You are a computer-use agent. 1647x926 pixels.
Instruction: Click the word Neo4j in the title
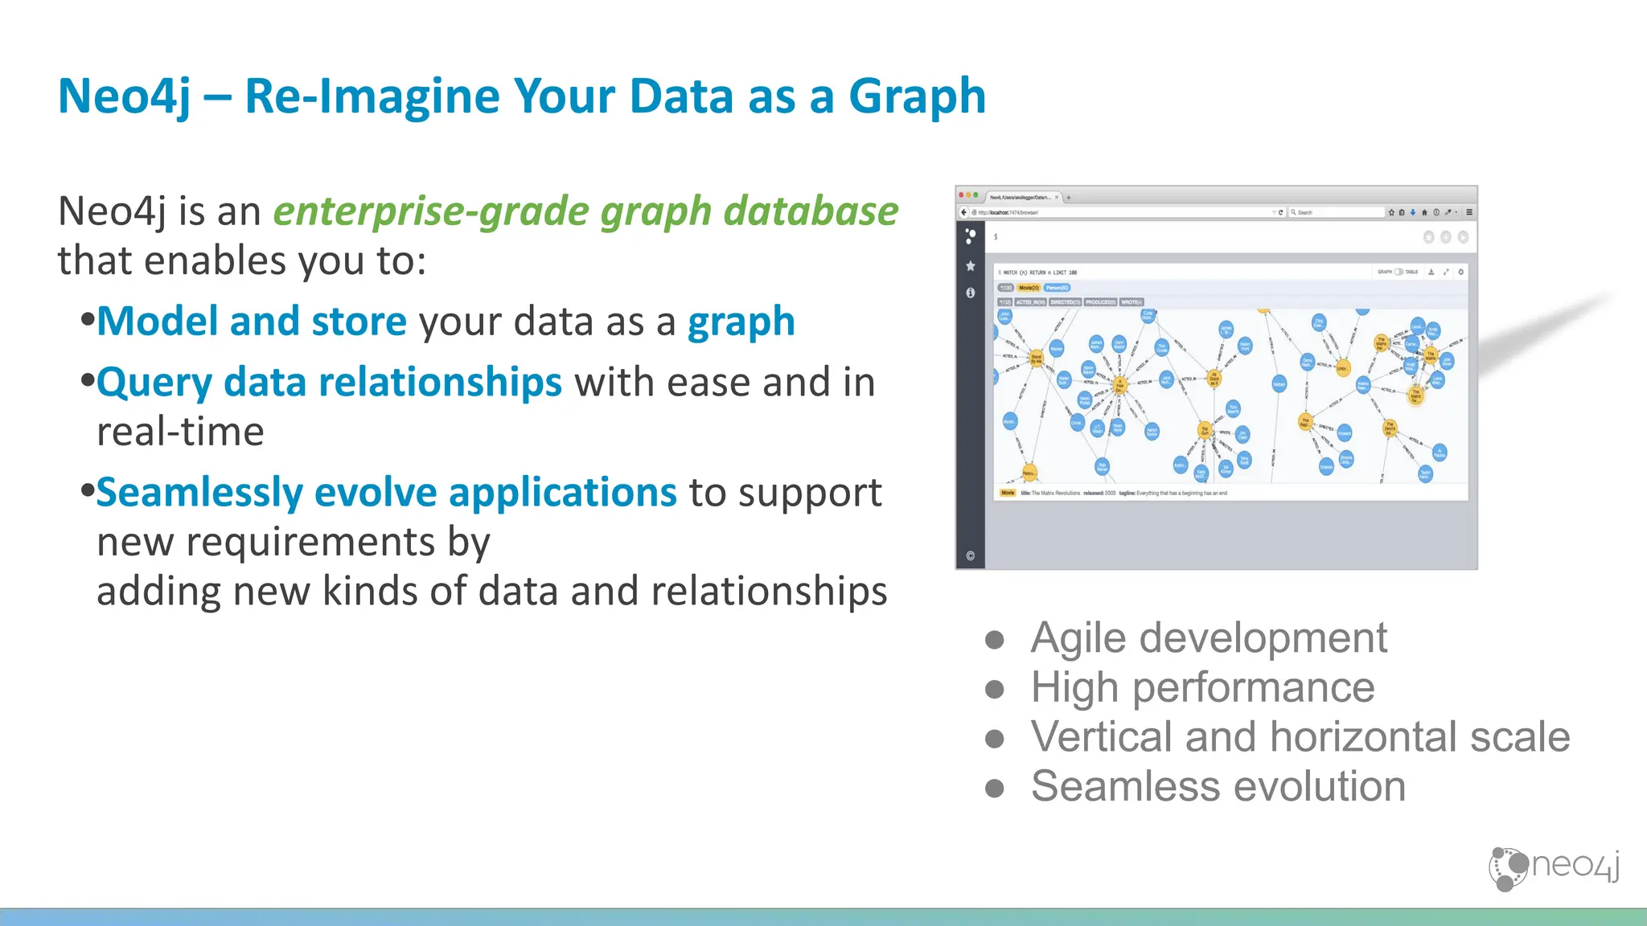[125, 96]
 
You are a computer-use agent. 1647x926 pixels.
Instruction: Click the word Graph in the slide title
[917, 96]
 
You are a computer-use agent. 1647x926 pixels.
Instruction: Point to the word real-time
[180, 432]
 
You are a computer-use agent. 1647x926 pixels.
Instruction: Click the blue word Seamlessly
[199, 493]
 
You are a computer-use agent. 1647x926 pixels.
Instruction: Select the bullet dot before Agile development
[995, 640]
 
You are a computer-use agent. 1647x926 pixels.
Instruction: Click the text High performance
[1202, 688]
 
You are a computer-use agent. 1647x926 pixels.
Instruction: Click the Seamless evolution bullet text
[1218, 786]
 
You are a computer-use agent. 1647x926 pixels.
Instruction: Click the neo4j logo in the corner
[1553, 867]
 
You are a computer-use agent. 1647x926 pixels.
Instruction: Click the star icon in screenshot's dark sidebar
[971, 266]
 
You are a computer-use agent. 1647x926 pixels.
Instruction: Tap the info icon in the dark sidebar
[971, 293]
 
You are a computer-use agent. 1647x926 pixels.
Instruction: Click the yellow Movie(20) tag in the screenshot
[1029, 288]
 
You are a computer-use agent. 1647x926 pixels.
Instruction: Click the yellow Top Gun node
[1205, 430]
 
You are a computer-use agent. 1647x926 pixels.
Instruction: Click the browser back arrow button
[963, 212]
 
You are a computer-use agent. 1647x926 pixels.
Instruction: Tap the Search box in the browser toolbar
[1335, 212]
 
